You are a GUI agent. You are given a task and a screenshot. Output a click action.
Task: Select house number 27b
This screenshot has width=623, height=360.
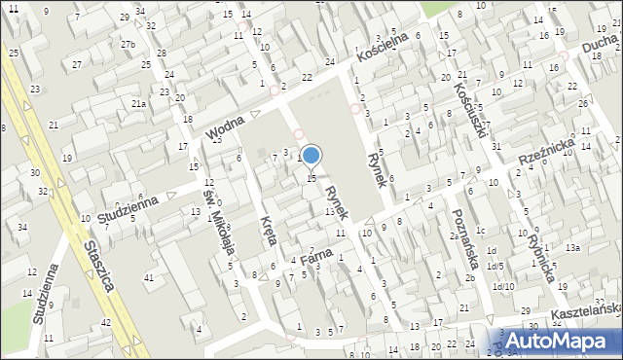pos(128,44)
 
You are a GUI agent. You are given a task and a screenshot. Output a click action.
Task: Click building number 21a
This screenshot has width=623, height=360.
pos(139,103)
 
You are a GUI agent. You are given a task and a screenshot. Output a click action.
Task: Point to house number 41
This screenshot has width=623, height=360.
pos(149,279)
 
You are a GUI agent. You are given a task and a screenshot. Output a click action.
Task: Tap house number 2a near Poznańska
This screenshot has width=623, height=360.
pos(453,236)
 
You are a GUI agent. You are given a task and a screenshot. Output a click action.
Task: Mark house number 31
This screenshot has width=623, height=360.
pos(496,147)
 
